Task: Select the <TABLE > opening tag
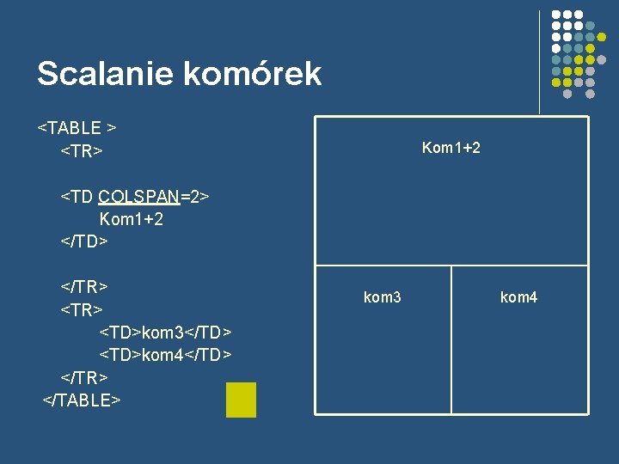pos(77,128)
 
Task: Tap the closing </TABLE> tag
pos(82,400)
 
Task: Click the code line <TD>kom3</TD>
pos(166,332)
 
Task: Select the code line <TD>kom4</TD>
pos(166,354)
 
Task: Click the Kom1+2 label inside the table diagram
pos(451,148)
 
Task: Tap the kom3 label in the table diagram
pos(383,297)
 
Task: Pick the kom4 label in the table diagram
pos(518,297)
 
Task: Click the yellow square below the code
pos(241,400)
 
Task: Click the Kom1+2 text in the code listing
pos(132,219)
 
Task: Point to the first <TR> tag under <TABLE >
pos(82,151)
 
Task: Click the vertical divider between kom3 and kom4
pos(451,339)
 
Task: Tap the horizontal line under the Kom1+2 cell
pos(451,266)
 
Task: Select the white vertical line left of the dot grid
pos(539,60)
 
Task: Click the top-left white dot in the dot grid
pos(556,15)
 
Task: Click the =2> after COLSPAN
pos(195,197)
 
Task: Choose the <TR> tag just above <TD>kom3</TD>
pos(82,308)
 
